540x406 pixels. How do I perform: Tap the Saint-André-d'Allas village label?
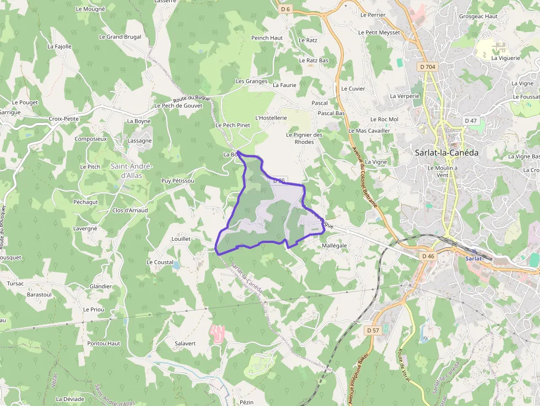[132, 171]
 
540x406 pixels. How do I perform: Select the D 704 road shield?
[426, 67]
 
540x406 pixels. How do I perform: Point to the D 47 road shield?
[471, 121]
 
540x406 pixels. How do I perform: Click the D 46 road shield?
[428, 256]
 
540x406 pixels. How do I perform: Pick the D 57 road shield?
[373, 330]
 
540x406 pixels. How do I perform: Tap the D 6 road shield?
[285, 9]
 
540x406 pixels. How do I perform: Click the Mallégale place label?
[334, 245]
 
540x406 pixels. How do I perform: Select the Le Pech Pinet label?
[233, 125]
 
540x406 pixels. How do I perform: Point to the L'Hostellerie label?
[271, 118]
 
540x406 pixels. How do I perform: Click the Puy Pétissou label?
[177, 181]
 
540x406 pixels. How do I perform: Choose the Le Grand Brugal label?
[120, 37]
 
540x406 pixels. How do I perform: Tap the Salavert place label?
[185, 343]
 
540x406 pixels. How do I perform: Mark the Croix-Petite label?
[64, 118]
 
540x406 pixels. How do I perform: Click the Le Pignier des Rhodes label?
[304, 138]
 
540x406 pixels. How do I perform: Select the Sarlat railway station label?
[474, 258]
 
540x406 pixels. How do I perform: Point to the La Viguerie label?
[505, 58]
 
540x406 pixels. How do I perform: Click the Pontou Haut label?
[104, 343]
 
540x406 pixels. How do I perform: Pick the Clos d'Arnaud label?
[130, 210]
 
